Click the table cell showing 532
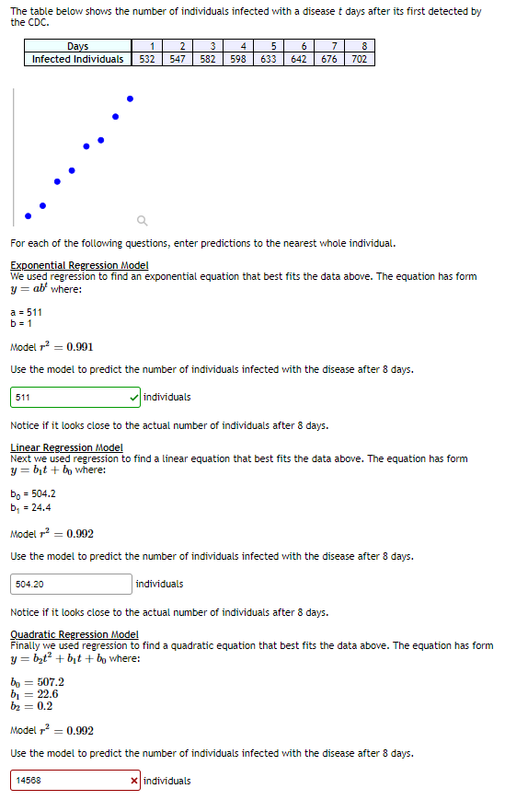[146, 59]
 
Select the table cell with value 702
[360, 59]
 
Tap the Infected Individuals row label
[78, 59]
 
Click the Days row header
[78, 46]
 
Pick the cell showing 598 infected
[238, 59]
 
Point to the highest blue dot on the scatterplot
[130, 99]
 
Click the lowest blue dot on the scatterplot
[28, 216]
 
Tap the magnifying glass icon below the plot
[141, 220]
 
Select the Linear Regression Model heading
[66, 447]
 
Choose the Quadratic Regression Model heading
[75, 634]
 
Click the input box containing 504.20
[72, 584]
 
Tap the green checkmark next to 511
[135, 397]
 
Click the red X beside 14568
[135, 781]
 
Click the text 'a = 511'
[26, 313]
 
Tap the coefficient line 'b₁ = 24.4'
[30, 507]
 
